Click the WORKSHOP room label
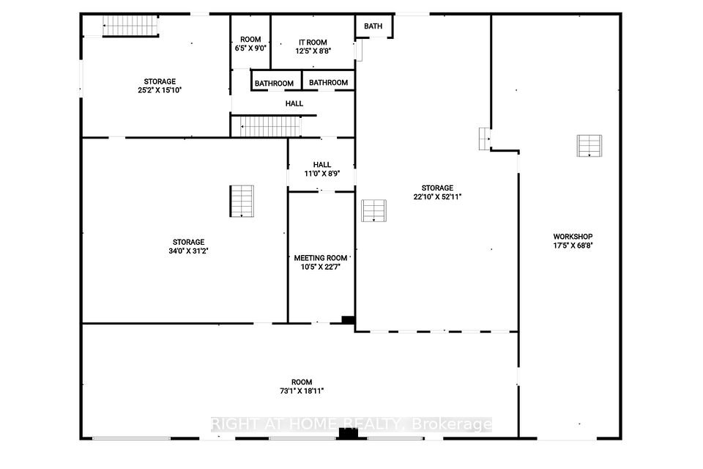pyautogui.click(x=573, y=237)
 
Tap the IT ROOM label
pyautogui.click(x=313, y=43)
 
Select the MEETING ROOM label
pyautogui.click(x=321, y=258)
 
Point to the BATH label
pyautogui.click(x=373, y=26)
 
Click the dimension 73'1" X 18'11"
pyautogui.click(x=302, y=391)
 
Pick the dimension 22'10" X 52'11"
pyautogui.click(x=437, y=196)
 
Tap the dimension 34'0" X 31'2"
pyautogui.click(x=188, y=251)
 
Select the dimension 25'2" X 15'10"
pyautogui.click(x=160, y=90)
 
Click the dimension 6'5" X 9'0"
pyautogui.click(x=250, y=48)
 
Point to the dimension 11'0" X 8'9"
pyautogui.click(x=322, y=174)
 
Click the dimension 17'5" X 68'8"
pyautogui.click(x=573, y=245)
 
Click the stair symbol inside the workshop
pyautogui.click(x=589, y=146)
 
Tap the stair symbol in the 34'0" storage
pyautogui.click(x=242, y=201)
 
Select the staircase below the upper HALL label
pyautogui.click(x=269, y=127)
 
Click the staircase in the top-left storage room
pyautogui.click(x=130, y=26)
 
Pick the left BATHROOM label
pyautogui.click(x=274, y=84)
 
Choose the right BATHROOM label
pyautogui.click(x=328, y=83)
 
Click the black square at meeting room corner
pyautogui.click(x=348, y=320)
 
